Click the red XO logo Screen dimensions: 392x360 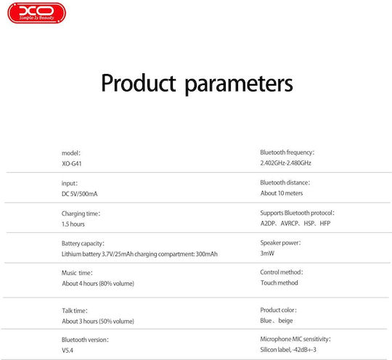(x=37, y=13)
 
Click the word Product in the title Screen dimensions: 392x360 (x=139, y=83)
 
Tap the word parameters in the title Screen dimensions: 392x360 (x=239, y=85)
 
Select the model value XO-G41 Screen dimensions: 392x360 (x=72, y=164)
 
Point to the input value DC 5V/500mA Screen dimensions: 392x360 (x=80, y=194)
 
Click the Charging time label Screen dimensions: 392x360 (x=81, y=213)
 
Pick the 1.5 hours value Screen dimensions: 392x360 (x=73, y=224)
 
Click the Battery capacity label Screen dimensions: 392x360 (x=83, y=244)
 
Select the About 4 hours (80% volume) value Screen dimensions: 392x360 (x=98, y=284)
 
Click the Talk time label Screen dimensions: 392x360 (x=75, y=311)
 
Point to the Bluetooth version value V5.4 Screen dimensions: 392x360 (x=68, y=351)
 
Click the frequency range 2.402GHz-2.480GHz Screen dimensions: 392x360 (x=286, y=163)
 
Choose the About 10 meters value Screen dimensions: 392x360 (x=282, y=193)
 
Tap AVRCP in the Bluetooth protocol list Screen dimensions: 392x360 (x=290, y=224)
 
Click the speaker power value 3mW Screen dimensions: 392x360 (x=267, y=253)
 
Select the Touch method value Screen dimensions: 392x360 (x=279, y=283)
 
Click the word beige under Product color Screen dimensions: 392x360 (x=285, y=321)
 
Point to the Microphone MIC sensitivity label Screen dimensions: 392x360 (x=295, y=339)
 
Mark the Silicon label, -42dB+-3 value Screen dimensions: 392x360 (x=288, y=350)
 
